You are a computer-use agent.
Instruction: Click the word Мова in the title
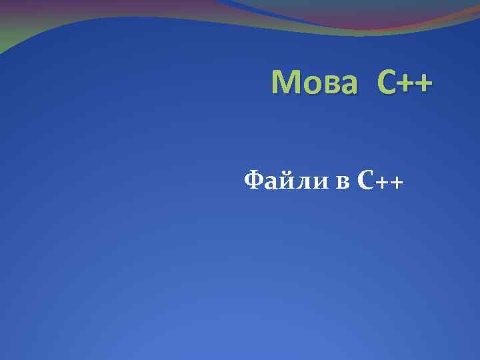(317, 83)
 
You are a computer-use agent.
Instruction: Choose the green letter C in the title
(387, 83)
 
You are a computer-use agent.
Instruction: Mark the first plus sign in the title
(407, 85)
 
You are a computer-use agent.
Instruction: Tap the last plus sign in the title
(425, 85)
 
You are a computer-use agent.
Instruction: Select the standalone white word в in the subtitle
(342, 181)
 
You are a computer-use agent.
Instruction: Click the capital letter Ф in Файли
(254, 179)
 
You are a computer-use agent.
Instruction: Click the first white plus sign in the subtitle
(383, 181)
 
